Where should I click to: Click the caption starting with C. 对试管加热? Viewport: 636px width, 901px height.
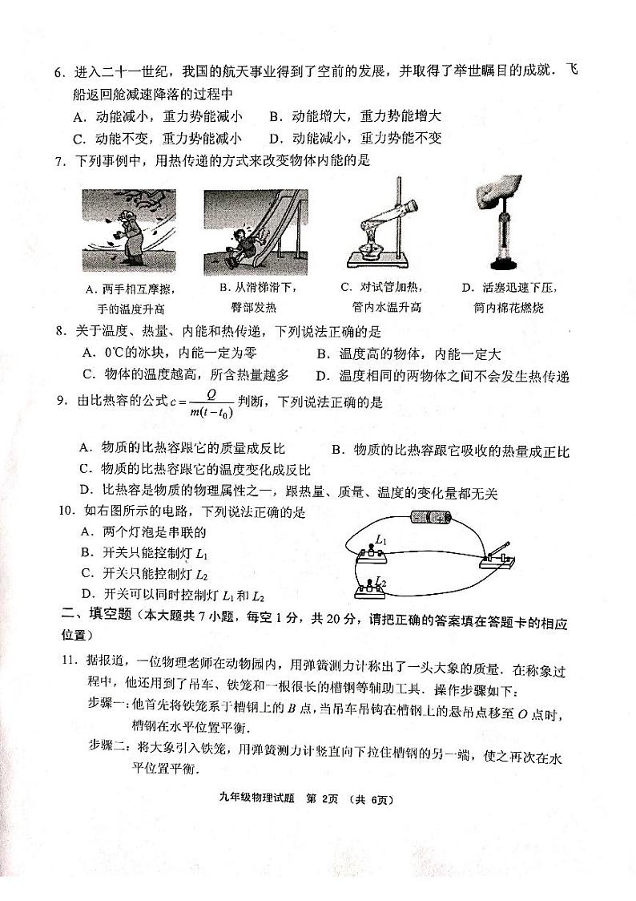click(x=380, y=287)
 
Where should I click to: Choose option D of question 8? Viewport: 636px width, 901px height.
click(x=442, y=375)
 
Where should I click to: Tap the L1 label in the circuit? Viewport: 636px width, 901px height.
click(x=381, y=543)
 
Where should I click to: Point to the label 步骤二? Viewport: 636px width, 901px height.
click(x=107, y=746)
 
